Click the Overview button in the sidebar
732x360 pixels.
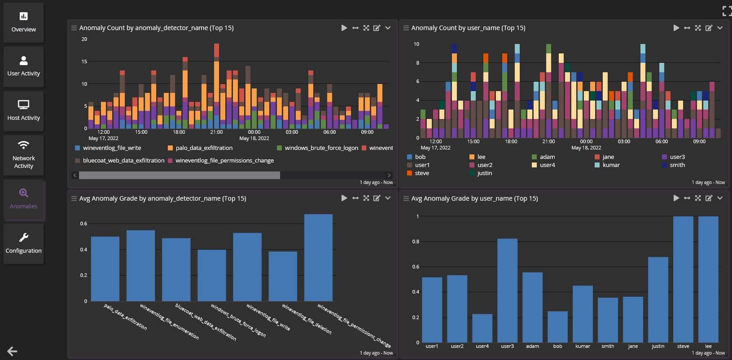[x=23, y=22]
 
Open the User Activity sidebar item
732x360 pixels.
[x=23, y=66]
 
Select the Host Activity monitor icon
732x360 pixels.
[x=23, y=105]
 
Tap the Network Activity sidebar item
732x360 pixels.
[x=23, y=154]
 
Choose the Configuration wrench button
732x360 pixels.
[x=23, y=243]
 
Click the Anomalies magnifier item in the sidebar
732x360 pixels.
[x=23, y=199]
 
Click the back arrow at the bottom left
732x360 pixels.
[x=12, y=351]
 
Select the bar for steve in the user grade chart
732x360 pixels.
[x=683, y=279]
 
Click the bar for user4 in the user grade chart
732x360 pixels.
[x=482, y=328]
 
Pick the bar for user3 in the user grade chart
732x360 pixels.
[x=507, y=290]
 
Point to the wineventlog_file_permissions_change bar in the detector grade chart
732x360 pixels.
[x=318, y=258]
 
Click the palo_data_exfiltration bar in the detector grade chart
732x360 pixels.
[x=105, y=269]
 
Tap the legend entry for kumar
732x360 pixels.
[x=611, y=165]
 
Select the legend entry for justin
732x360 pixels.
[x=484, y=173]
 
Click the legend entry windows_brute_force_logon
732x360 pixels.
[x=321, y=148]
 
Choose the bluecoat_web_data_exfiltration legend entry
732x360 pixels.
[x=123, y=160]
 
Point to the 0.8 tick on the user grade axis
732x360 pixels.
[x=416, y=241]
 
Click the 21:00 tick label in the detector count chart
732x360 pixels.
[x=216, y=132]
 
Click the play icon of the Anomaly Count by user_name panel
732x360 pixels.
[x=676, y=28]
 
